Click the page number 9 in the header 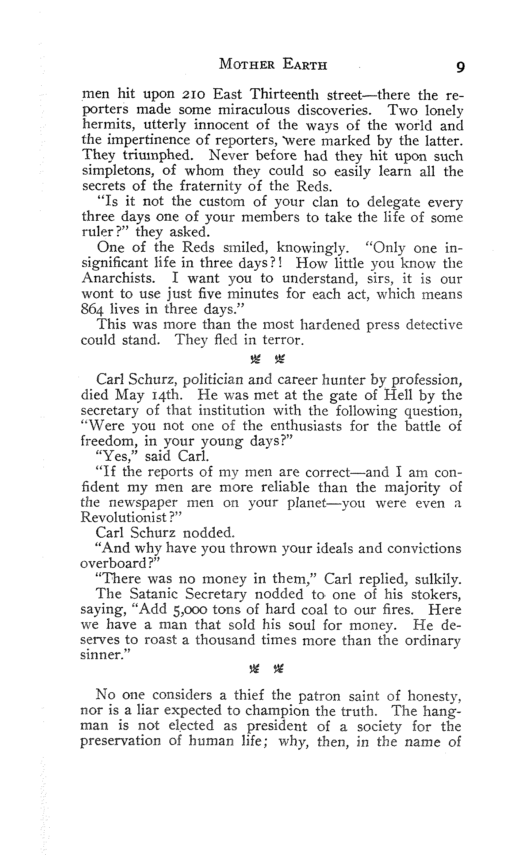[x=460, y=67]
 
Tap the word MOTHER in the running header [x=246, y=65]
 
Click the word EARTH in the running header [x=305, y=65]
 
